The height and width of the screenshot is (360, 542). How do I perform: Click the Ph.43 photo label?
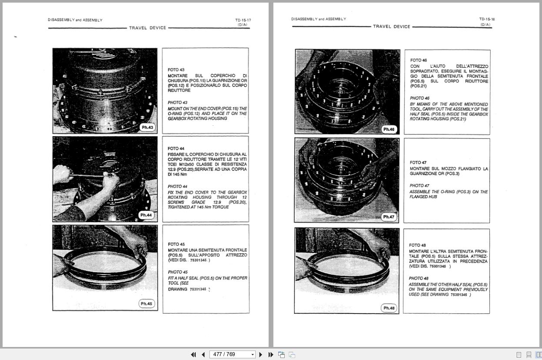point(147,127)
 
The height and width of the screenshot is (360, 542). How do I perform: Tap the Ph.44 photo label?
point(146,215)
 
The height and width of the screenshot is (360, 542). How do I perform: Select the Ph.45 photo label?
point(146,303)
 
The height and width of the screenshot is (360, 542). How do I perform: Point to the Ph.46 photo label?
point(389,130)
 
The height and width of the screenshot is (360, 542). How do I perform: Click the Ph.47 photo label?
point(388,217)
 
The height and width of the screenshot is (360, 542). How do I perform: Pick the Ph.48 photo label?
point(389,308)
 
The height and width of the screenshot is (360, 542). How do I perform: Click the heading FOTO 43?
point(176,70)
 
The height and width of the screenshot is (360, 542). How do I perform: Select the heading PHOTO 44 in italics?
point(177,187)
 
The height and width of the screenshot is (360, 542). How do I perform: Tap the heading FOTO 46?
point(419,60)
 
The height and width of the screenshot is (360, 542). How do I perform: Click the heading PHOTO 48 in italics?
point(419,278)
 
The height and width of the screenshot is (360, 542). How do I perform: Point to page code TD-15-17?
point(243,20)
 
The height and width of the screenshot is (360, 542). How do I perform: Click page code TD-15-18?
point(487,19)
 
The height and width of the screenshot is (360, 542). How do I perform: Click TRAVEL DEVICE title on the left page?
point(147,28)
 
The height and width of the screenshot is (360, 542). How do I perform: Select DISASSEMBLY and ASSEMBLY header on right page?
point(319,19)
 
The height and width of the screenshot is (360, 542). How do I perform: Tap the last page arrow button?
point(271,354)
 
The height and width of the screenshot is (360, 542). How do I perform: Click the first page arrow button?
point(193,354)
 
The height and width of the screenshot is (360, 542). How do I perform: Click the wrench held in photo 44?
point(89,176)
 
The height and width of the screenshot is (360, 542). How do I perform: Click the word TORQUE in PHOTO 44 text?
point(220,207)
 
